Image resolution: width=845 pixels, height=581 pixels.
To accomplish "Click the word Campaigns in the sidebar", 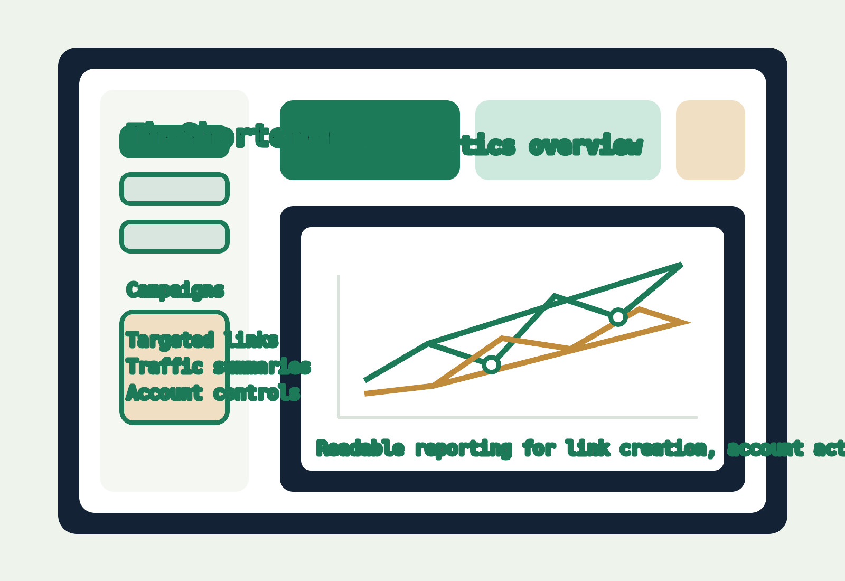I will pyautogui.click(x=175, y=290).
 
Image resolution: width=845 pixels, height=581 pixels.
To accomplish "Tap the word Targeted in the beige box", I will pyautogui.click(x=170, y=340).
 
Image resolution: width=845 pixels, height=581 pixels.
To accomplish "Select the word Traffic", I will pyautogui.click(x=164, y=366).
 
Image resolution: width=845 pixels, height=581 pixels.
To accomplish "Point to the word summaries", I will pyautogui.click(x=262, y=366).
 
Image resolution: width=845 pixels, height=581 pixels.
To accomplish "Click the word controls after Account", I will pyautogui.click(x=257, y=392).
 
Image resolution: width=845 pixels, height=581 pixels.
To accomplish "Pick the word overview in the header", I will pyautogui.click(x=585, y=146).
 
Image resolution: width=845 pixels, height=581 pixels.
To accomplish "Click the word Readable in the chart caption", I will pyautogui.click(x=360, y=448).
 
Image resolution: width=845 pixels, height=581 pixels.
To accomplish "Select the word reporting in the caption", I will pyautogui.click(x=464, y=448).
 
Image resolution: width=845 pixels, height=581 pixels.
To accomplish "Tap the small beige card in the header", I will pyautogui.click(x=710, y=140).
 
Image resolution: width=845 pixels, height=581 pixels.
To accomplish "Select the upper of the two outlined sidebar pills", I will pyautogui.click(x=174, y=189).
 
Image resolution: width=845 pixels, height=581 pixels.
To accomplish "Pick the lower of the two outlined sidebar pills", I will pyautogui.click(x=174, y=236).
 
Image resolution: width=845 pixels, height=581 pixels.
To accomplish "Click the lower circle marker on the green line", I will pyautogui.click(x=491, y=364).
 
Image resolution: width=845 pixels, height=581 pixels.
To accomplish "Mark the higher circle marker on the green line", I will pyautogui.click(x=618, y=317).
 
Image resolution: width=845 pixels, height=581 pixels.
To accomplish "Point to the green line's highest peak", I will pyautogui.click(x=681, y=265).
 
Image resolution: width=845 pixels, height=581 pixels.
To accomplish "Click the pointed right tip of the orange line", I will pyautogui.click(x=686, y=322).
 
